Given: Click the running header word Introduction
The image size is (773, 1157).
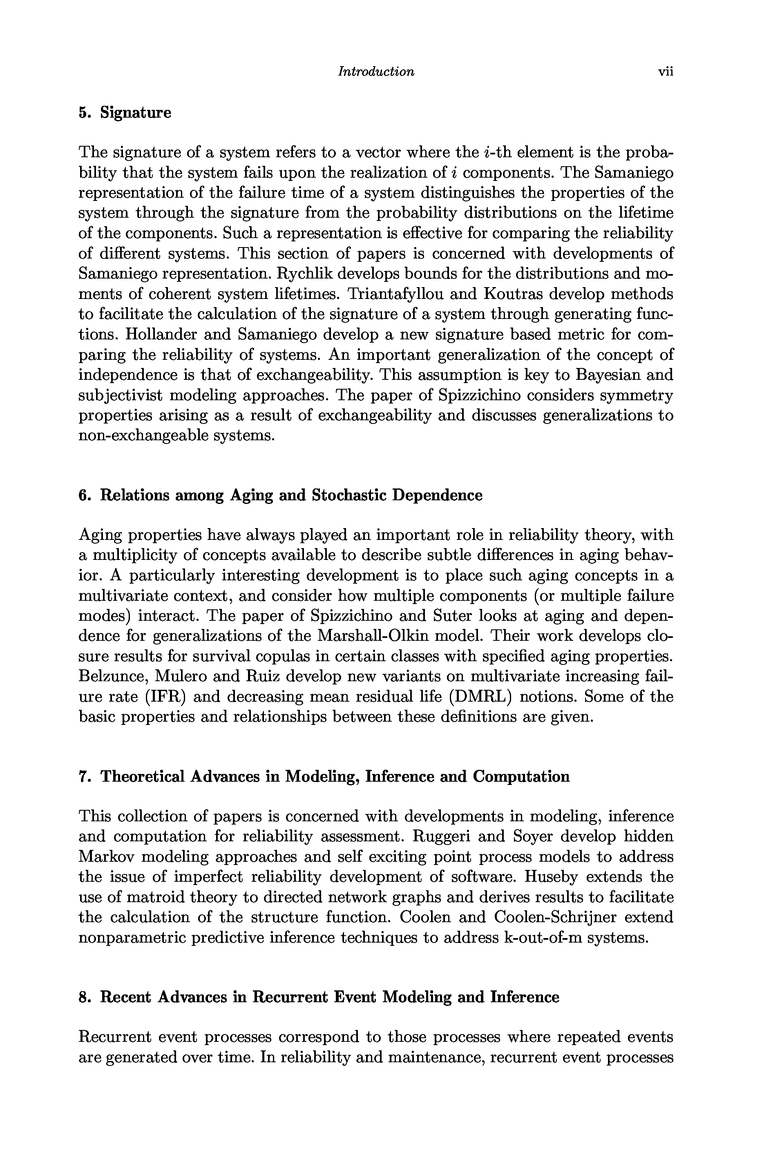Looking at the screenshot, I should click(375, 72).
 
